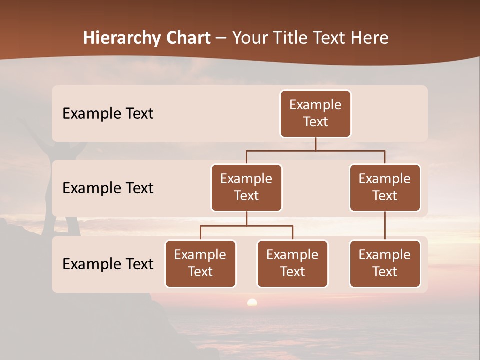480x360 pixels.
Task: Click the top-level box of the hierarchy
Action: tap(315, 113)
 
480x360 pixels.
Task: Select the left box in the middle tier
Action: tap(246, 187)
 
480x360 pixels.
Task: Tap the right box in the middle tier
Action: tap(385, 187)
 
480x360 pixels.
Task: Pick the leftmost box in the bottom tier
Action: tap(200, 263)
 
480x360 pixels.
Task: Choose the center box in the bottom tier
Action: tap(292, 263)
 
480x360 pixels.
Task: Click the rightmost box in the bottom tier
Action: tap(385, 263)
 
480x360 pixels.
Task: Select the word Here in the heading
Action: tap(370, 38)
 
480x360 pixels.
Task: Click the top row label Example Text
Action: tap(108, 113)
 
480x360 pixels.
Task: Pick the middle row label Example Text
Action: tap(108, 188)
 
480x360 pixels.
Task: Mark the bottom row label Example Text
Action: tap(108, 264)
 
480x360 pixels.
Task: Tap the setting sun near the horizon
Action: tap(252, 302)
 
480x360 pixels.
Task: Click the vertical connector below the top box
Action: tap(315, 144)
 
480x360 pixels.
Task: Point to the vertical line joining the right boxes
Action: tap(385, 226)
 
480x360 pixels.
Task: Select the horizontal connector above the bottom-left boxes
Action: tap(246, 226)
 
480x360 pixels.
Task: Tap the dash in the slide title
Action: tap(221, 38)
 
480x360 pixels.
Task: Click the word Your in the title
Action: tap(249, 38)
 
